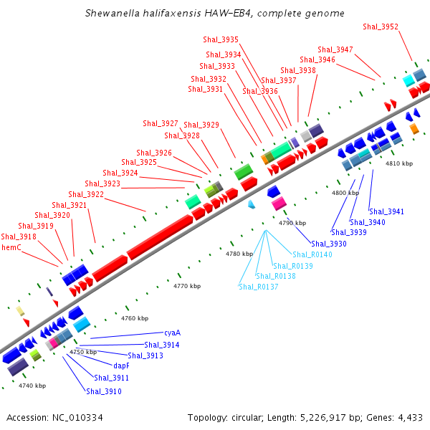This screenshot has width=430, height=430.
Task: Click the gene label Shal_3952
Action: pos(381,27)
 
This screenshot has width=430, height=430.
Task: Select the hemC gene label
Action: pos(11,247)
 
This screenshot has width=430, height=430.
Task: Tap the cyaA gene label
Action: pos(172,333)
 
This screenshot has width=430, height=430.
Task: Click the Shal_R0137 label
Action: pos(258,287)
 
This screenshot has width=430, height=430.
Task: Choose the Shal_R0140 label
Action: pos(312,254)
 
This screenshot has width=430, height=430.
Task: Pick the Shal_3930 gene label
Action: pos(328,244)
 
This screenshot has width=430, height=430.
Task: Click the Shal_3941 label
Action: pos(386,211)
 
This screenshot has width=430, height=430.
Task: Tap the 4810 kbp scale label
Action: pos(399,163)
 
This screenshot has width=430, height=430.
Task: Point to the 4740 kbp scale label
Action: pos(32,386)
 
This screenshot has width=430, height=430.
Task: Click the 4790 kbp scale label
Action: pos(292,223)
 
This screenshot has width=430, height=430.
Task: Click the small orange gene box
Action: pos(414,128)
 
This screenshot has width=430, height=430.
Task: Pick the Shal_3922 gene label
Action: pos(86,194)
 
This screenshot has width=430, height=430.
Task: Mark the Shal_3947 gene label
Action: pos(335,49)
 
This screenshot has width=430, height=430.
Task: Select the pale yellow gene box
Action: pos(21,310)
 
